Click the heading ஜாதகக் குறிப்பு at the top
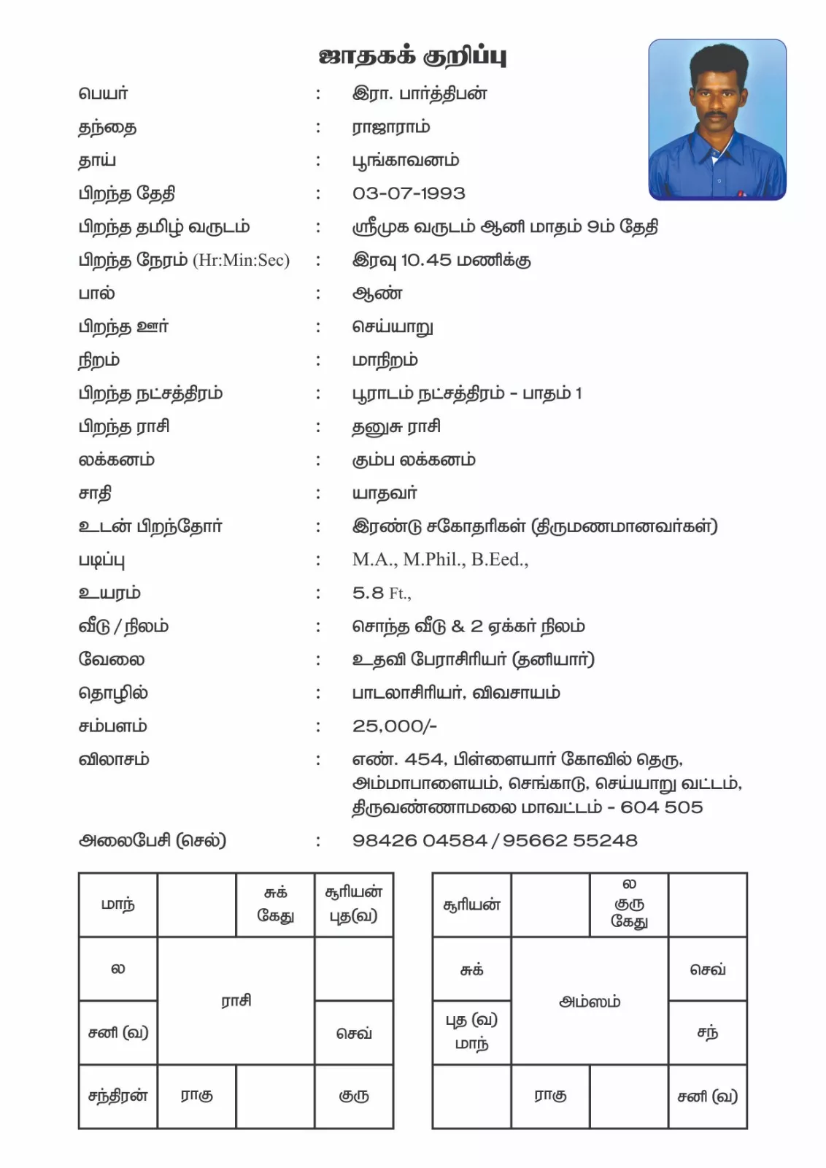tap(412, 55)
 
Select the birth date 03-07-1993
tap(409, 193)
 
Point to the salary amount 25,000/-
tap(394, 726)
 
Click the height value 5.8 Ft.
tap(381, 593)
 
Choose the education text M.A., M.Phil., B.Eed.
tap(440, 560)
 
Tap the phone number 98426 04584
tap(419, 840)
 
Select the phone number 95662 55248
tap(569, 840)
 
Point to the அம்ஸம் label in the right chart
tap(590, 1002)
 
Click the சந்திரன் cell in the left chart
tap(117, 1096)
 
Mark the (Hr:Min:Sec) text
tap(241, 261)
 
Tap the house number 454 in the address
tap(423, 760)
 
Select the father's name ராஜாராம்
tap(391, 127)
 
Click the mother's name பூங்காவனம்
tap(406, 161)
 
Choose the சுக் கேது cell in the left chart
tap(275, 904)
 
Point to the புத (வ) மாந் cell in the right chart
tap(471, 1031)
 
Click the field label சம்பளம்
tap(112, 726)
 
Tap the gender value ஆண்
tap(377, 294)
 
